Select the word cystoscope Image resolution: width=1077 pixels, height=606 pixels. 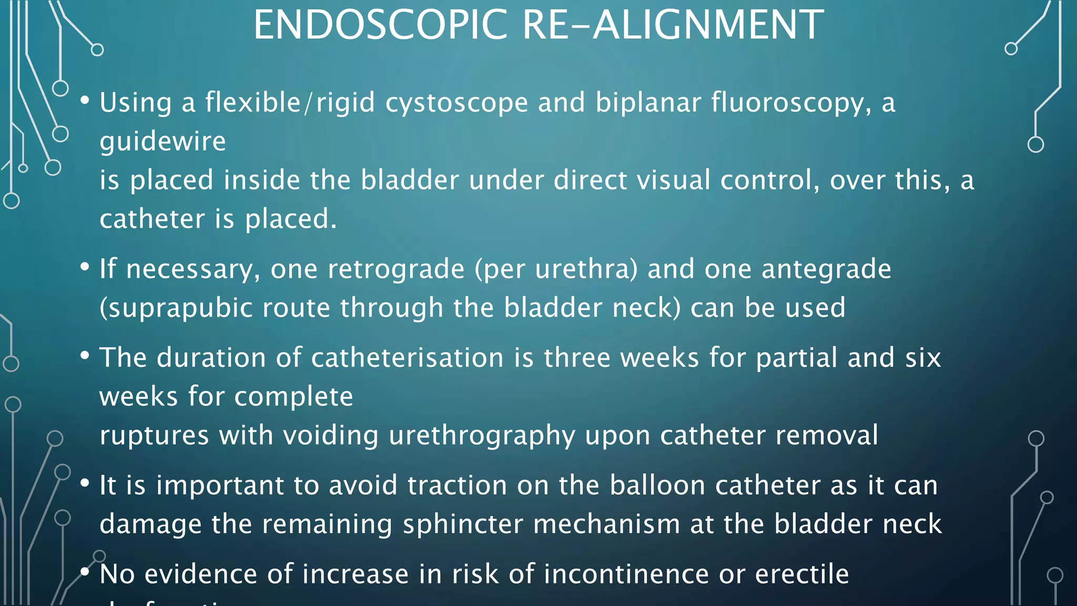point(456,103)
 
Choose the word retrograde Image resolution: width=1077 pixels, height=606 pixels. point(396,269)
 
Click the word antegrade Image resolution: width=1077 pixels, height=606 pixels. point(826,269)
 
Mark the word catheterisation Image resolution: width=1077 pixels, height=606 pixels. point(408,358)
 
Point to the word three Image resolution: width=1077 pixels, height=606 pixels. point(577,358)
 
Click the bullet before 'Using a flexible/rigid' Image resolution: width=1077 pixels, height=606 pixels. point(85,100)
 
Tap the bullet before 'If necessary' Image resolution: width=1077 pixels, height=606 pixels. point(85,267)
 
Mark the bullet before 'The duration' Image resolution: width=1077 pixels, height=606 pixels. point(85,356)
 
